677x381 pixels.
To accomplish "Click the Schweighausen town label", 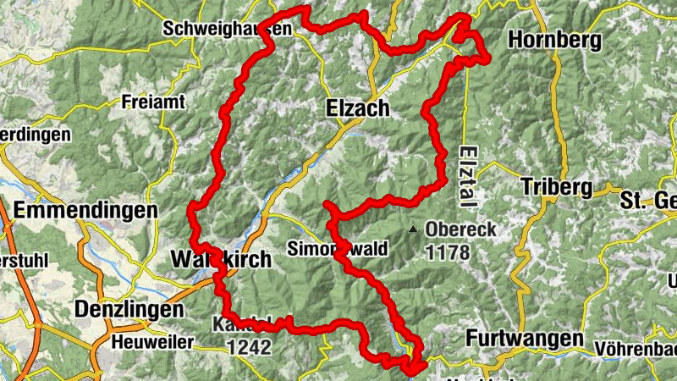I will [x=226, y=28].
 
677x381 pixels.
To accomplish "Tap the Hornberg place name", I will [x=555, y=40].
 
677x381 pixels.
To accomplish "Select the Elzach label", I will [x=357, y=108].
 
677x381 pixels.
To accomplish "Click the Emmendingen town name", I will [x=86, y=209].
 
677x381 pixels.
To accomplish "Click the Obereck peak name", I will [x=460, y=229].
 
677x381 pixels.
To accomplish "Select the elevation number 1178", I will [x=448, y=251].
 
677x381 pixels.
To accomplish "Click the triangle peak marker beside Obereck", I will [x=413, y=229].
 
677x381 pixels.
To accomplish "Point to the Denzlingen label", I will [x=129, y=310].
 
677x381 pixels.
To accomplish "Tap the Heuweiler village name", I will [x=153, y=342].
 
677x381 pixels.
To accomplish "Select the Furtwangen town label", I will [x=525, y=339].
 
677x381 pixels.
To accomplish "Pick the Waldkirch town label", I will [x=221, y=259].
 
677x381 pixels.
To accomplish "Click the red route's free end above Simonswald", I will [x=327, y=206].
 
